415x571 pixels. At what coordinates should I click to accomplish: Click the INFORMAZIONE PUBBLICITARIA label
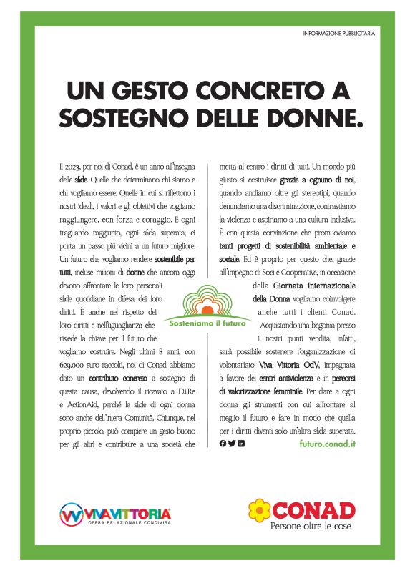point(338,34)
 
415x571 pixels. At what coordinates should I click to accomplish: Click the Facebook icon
point(223,444)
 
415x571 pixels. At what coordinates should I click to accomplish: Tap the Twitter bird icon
point(232,444)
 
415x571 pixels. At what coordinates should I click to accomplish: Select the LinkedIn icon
point(241,444)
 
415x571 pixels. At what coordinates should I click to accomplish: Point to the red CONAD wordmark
point(313,510)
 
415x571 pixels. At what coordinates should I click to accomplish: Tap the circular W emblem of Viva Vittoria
point(70,514)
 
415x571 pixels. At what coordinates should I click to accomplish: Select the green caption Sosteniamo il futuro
point(207,323)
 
